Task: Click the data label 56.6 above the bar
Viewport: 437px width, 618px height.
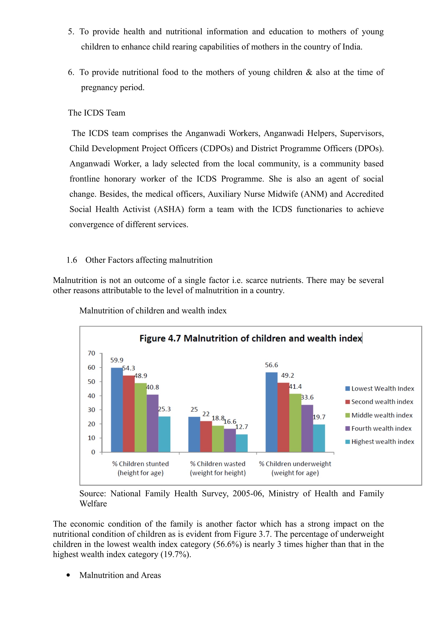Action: (272, 365)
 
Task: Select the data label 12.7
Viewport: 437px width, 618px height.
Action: (242, 427)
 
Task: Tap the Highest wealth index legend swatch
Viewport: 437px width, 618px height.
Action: (348, 442)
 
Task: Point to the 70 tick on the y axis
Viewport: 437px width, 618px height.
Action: (91, 353)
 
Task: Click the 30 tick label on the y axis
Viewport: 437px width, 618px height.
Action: (91, 410)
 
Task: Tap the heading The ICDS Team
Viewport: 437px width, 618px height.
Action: (97, 113)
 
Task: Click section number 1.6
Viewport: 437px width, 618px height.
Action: (72, 260)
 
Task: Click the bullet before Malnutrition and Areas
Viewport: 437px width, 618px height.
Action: (68, 575)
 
